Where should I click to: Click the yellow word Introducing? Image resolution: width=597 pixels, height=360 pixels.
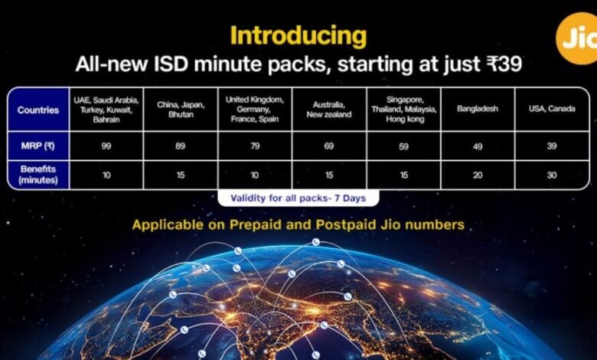[x=298, y=36]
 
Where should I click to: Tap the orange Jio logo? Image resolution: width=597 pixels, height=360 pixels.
[x=578, y=38]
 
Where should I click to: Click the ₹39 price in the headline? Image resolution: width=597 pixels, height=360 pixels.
[x=504, y=64]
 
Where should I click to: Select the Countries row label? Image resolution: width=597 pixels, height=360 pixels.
[x=38, y=110]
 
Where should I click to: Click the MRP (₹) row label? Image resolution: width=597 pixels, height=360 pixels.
[x=38, y=146]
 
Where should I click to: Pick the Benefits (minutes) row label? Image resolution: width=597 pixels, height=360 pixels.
[x=38, y=175]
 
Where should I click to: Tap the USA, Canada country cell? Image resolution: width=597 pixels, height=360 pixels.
[x=552, y=109]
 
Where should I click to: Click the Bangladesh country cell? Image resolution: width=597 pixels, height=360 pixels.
[x=478, y=109]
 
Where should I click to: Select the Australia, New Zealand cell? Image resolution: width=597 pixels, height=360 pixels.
[x=329, y=110]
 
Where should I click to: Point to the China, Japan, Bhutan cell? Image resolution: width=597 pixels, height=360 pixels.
[x=181, y=110]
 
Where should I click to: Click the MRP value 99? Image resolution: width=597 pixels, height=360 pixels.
[x=106, y=146]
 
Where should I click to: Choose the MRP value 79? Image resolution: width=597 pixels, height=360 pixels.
[x=255, y=146]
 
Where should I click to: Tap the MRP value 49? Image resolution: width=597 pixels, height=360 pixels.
[x=478, y=146]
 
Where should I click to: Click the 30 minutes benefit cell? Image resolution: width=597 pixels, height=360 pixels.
[x=552, y=175]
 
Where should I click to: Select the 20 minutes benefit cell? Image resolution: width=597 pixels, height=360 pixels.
[x=478, y=175]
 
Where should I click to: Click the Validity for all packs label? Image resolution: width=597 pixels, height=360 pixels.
[x=298, y=198]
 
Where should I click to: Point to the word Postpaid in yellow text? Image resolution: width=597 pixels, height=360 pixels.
[x=346, y=224]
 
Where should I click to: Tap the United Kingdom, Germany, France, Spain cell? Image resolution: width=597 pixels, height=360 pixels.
[x=255, y=110]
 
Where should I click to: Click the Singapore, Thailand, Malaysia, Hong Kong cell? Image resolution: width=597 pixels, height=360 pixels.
[x=404, y=110]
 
